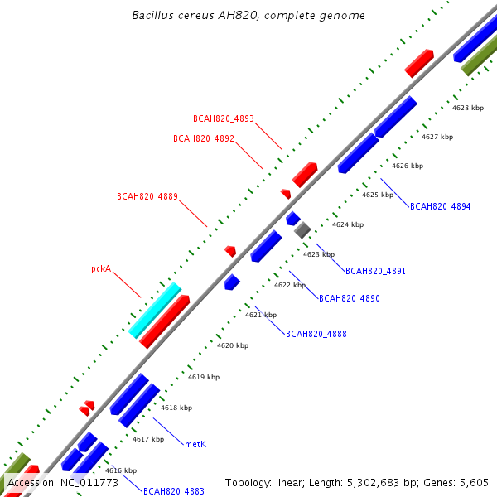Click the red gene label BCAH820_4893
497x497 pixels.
pos(224,118)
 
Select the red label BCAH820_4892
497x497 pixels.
pos(204,138)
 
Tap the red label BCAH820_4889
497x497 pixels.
pos(147,196)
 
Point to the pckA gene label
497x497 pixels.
pos(101,268)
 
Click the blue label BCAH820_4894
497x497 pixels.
pos(441,206)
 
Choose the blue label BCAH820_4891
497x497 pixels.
pos(375,271)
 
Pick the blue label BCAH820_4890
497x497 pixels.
pos(349,298)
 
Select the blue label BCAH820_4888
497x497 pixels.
pos(316,334)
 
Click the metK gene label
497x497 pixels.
pos(195,444)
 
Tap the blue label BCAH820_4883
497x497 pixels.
pos(174,491)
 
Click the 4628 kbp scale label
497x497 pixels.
pos(468,108)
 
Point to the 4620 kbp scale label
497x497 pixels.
pos(233,345)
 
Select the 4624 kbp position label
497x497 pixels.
pos(348,224)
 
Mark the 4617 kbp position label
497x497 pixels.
pos(148,439)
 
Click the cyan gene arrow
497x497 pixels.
pos(155,311)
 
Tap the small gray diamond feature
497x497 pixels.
pos(302,230)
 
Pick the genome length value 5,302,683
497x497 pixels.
pos(374,483)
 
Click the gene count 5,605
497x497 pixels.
pos(474,483)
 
